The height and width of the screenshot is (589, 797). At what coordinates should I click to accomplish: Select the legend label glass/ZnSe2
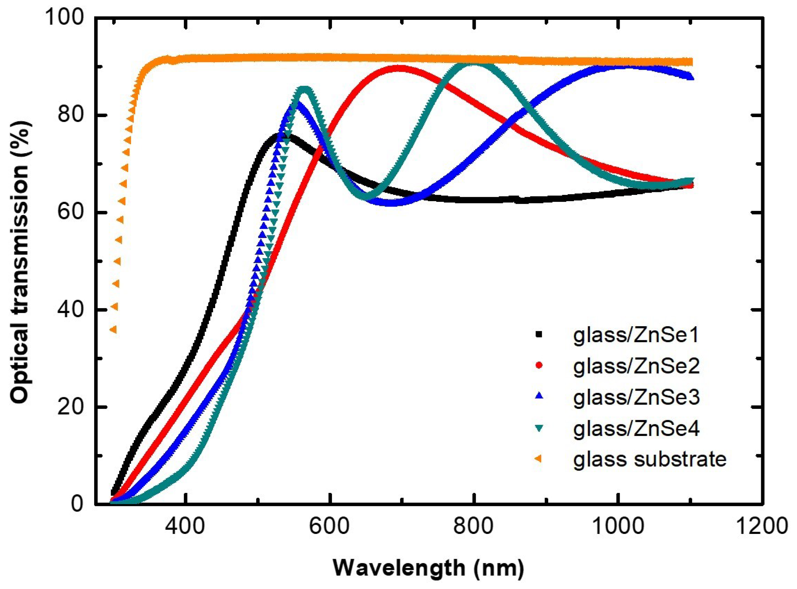(x=636, y=366)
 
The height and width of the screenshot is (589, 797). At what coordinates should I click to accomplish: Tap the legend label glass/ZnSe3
(x=636, y=397)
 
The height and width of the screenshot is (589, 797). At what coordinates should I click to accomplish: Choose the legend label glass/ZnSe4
(x=636, y=428)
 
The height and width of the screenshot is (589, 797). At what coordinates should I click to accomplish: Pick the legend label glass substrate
(x=650, y=460)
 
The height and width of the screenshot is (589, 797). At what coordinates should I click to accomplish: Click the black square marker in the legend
(x=539, y=334)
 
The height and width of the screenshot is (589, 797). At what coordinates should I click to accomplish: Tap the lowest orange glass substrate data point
(x=113, y=330)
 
